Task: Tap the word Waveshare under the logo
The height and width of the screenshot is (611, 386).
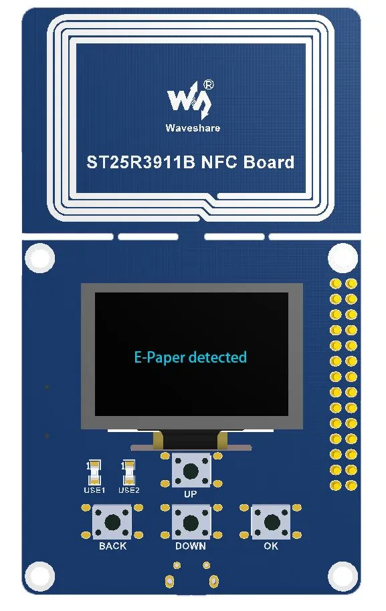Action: pos(193,128)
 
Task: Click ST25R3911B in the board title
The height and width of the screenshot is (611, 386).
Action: pos(140,162)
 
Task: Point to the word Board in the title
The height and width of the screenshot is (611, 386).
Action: pos(269,162)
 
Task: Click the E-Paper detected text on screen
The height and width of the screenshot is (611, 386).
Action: pos(191,357)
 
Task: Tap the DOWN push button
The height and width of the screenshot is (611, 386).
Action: pos(191,522)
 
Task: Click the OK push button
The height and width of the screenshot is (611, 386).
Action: pos(272,522)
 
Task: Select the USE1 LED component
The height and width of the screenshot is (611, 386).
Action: pos(94,472)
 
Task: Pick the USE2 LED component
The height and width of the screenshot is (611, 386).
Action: pos(128,472)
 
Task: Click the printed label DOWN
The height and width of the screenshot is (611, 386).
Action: pos(191,546)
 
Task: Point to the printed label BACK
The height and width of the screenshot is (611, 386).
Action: pos(113,546)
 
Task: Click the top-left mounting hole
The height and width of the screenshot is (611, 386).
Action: pos(40,258)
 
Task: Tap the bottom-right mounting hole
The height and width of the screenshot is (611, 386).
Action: pos(343,576)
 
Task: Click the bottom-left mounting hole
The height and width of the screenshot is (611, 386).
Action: pos(40,576)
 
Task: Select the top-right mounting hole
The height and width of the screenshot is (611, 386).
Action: pos(343,258)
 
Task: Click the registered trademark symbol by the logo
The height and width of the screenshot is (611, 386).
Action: pos(209,85)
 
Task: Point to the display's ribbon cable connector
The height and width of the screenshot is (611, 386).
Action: pos(191,441)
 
